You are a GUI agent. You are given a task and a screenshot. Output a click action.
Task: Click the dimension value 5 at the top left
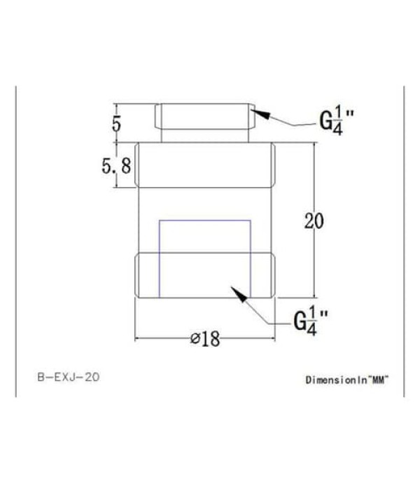[x=116, y=123]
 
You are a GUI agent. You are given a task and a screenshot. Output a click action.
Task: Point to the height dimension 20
[x=314, y=221]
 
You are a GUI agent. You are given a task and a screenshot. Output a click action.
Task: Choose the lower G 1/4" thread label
[x=309, y=320]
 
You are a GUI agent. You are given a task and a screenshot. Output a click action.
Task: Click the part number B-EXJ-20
[x=67, y=377]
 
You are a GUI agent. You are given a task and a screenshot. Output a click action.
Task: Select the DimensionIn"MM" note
[x=346, y=380]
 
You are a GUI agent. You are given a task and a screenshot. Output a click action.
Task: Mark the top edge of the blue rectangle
[x=204, y=221]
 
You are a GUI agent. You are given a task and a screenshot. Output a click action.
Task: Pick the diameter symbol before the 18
[x=195, y=340]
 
